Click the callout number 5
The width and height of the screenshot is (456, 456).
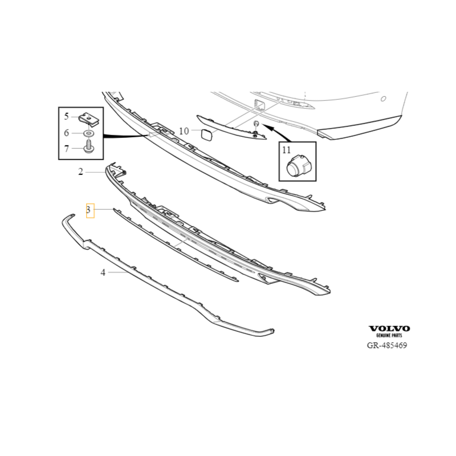click(66, 117)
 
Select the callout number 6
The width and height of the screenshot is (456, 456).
click(66, 133)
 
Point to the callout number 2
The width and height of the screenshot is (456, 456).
click(81, 171)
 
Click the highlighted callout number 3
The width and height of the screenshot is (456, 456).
click(89, 210)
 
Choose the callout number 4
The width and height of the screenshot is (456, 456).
click(103, 272)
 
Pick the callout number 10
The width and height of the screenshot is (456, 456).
click(184, 131)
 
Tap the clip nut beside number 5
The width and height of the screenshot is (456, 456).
click(88, 119)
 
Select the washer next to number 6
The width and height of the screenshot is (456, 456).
click(88, 133)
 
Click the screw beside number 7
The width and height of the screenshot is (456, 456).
click(88, 148)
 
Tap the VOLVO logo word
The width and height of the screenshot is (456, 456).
click(389, 328)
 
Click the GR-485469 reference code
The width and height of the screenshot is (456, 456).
click(387, 345)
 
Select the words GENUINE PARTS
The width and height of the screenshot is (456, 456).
click(389, 336)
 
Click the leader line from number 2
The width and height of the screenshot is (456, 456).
click(95, 171)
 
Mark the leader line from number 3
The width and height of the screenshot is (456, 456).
click(103, 210)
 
